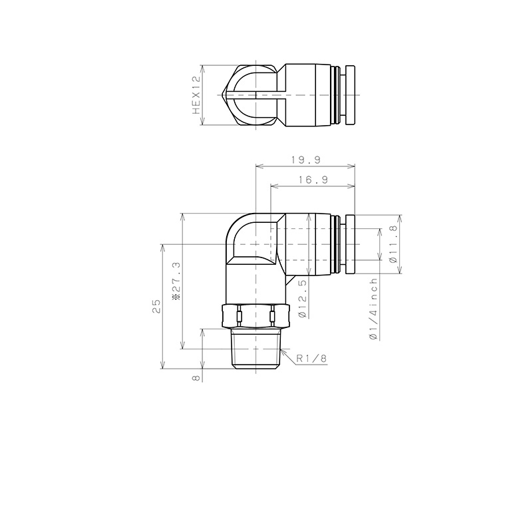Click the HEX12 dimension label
196,95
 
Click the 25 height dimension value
156,306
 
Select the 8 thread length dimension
196,377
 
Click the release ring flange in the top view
349,95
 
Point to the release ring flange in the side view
349,244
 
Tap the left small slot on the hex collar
238,313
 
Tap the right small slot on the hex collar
273,313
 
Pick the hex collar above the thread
256,316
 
